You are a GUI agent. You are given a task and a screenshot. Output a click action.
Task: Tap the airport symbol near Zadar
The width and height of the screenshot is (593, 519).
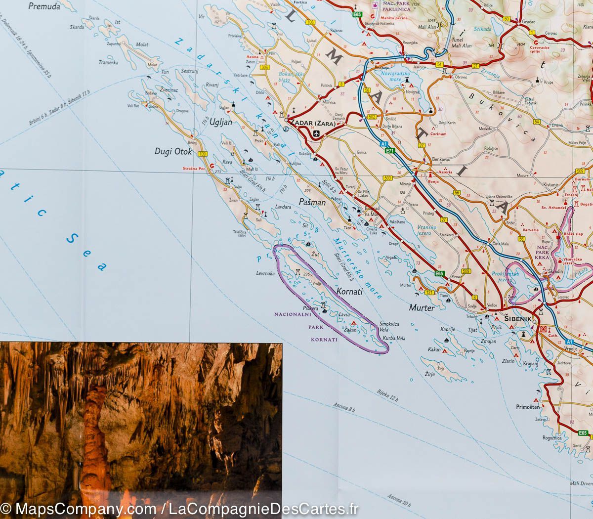click(x=316, y=133)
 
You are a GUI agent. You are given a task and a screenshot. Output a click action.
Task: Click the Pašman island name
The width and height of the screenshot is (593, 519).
click(x=312, y=202)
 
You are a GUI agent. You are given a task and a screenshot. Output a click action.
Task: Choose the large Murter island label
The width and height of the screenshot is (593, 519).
click(x=422, y=307)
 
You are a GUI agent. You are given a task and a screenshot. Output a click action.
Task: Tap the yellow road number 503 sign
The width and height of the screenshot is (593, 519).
click(x=387, y=177)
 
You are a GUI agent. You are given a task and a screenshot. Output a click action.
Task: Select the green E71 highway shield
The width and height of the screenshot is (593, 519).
click(x=390, y=151)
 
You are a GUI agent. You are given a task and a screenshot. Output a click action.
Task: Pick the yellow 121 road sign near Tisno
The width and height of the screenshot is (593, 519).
click(x=429, y=293)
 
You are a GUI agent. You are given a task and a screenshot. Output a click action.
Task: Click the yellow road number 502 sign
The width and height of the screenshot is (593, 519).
click(x=372, y=117)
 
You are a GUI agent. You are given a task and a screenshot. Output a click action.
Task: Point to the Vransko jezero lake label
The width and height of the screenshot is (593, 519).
click(x=426, y=229)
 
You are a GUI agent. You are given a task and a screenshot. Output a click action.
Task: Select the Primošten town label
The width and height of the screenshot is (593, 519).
click(x=529, y=407)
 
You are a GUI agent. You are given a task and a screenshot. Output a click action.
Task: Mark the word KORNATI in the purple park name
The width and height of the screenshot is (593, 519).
click(x=324, y=340)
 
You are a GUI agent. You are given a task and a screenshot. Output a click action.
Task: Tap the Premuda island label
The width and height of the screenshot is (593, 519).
click(x=44, y=6)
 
